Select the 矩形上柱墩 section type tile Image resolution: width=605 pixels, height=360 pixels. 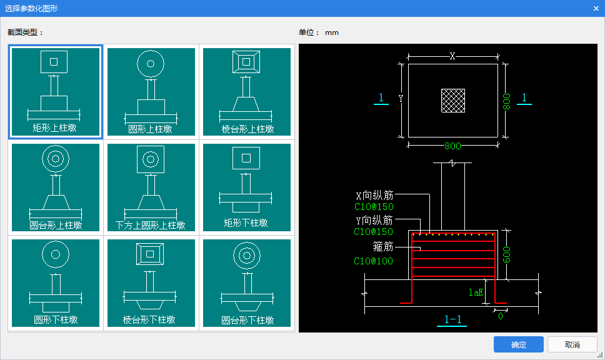[x=56, y=92]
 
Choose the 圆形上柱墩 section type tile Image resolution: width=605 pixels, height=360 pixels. [x=151, y=92]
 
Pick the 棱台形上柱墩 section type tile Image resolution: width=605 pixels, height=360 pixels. [x=247, y=92]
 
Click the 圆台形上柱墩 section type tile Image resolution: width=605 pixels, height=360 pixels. [x=56, y=187]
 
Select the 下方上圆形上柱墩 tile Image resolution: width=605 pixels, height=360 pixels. [x=151, y=187]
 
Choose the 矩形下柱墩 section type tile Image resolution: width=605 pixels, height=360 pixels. [x=247, y=187]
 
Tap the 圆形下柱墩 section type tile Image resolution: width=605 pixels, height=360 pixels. [x=56, y=283]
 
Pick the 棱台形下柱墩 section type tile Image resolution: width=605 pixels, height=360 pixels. [x=151, y=283]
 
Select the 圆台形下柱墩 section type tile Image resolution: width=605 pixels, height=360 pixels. [x=247, y=283]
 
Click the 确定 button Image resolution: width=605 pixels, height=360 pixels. [x=519, y=344]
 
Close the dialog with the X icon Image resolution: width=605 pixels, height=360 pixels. [x=596, y=9]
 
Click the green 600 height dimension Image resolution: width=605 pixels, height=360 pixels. [x=507, y=254]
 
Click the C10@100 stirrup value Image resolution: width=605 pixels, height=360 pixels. [x=374, y=261]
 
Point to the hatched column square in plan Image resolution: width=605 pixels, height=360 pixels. [x=453, y=101]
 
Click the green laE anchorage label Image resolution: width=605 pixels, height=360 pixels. [x=476, y=292]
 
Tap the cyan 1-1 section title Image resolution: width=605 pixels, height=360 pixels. [x=452, y=319]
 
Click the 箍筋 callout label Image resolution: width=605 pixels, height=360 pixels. [x=383, y=246]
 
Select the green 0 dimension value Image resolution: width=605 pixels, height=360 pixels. [x=501, y=316]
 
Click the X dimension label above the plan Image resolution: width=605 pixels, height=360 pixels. [x=452, y=56]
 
